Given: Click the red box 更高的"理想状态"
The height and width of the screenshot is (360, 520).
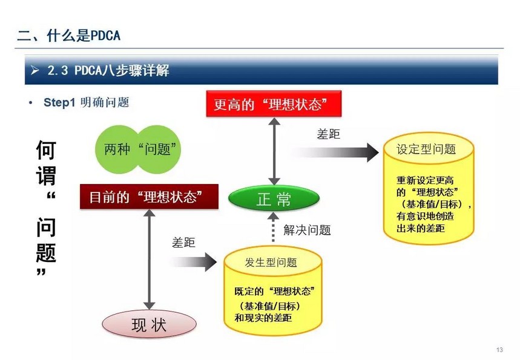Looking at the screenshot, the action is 274,103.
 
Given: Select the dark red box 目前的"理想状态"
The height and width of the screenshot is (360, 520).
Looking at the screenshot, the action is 149,197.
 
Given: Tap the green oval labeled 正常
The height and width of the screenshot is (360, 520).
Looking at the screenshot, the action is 274,198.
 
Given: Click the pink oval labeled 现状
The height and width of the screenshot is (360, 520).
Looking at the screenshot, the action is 149,324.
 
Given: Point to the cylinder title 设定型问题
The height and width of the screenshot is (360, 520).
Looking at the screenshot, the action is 426,149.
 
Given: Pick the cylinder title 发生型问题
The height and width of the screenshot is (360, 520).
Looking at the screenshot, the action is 271,263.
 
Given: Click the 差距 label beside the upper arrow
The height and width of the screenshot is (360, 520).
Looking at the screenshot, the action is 328,134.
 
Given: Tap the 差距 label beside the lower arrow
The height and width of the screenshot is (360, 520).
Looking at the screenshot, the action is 183,243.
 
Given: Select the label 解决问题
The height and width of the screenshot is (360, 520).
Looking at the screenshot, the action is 307,230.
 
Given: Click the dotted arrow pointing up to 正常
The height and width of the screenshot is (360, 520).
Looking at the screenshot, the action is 273,227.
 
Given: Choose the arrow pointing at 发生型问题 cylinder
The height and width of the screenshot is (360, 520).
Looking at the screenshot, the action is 193,262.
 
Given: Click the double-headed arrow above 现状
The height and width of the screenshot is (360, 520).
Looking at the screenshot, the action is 150,259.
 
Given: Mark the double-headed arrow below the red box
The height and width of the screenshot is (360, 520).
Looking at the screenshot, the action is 274,151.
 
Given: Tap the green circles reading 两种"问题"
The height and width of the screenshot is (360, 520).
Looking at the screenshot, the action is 138,149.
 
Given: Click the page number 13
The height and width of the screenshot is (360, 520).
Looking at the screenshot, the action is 499,350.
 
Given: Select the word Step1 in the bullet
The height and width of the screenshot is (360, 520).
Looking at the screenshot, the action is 59,102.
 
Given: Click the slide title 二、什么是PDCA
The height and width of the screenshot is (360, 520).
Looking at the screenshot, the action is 68,35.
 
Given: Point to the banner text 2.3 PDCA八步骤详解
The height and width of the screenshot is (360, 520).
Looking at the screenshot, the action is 108,70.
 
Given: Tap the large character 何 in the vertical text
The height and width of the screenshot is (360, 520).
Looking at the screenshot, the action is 46,149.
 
